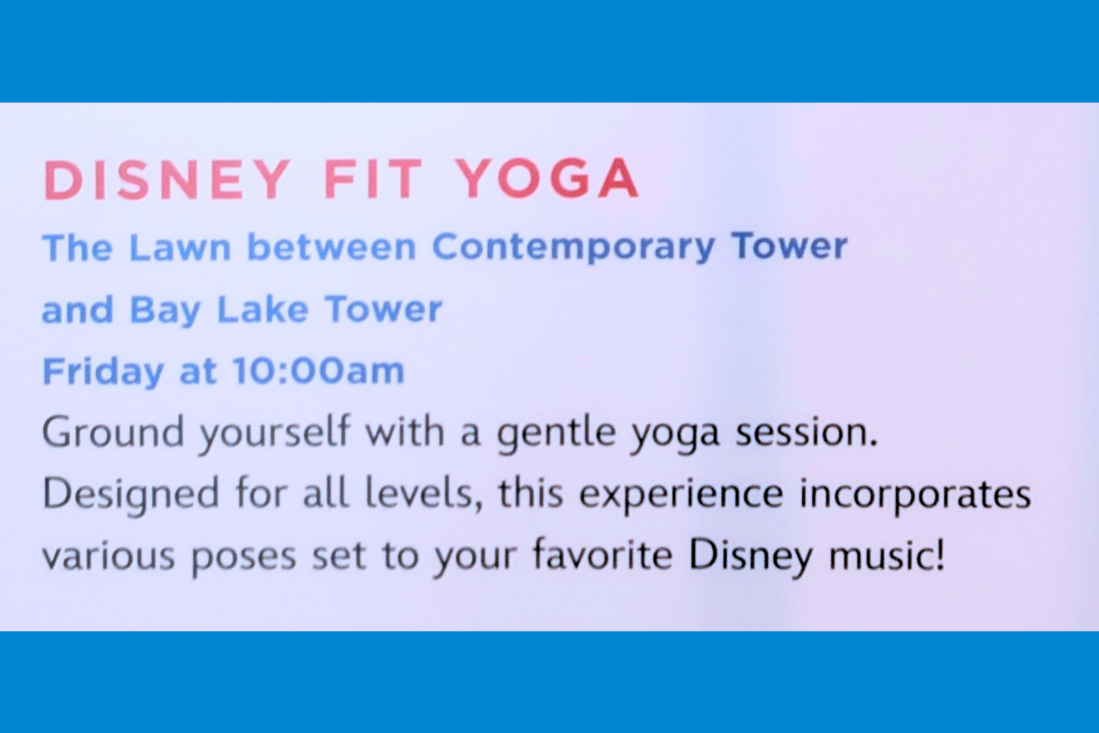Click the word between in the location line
pos(331,247)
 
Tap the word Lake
pos(262,310)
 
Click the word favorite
pos(602,556)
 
